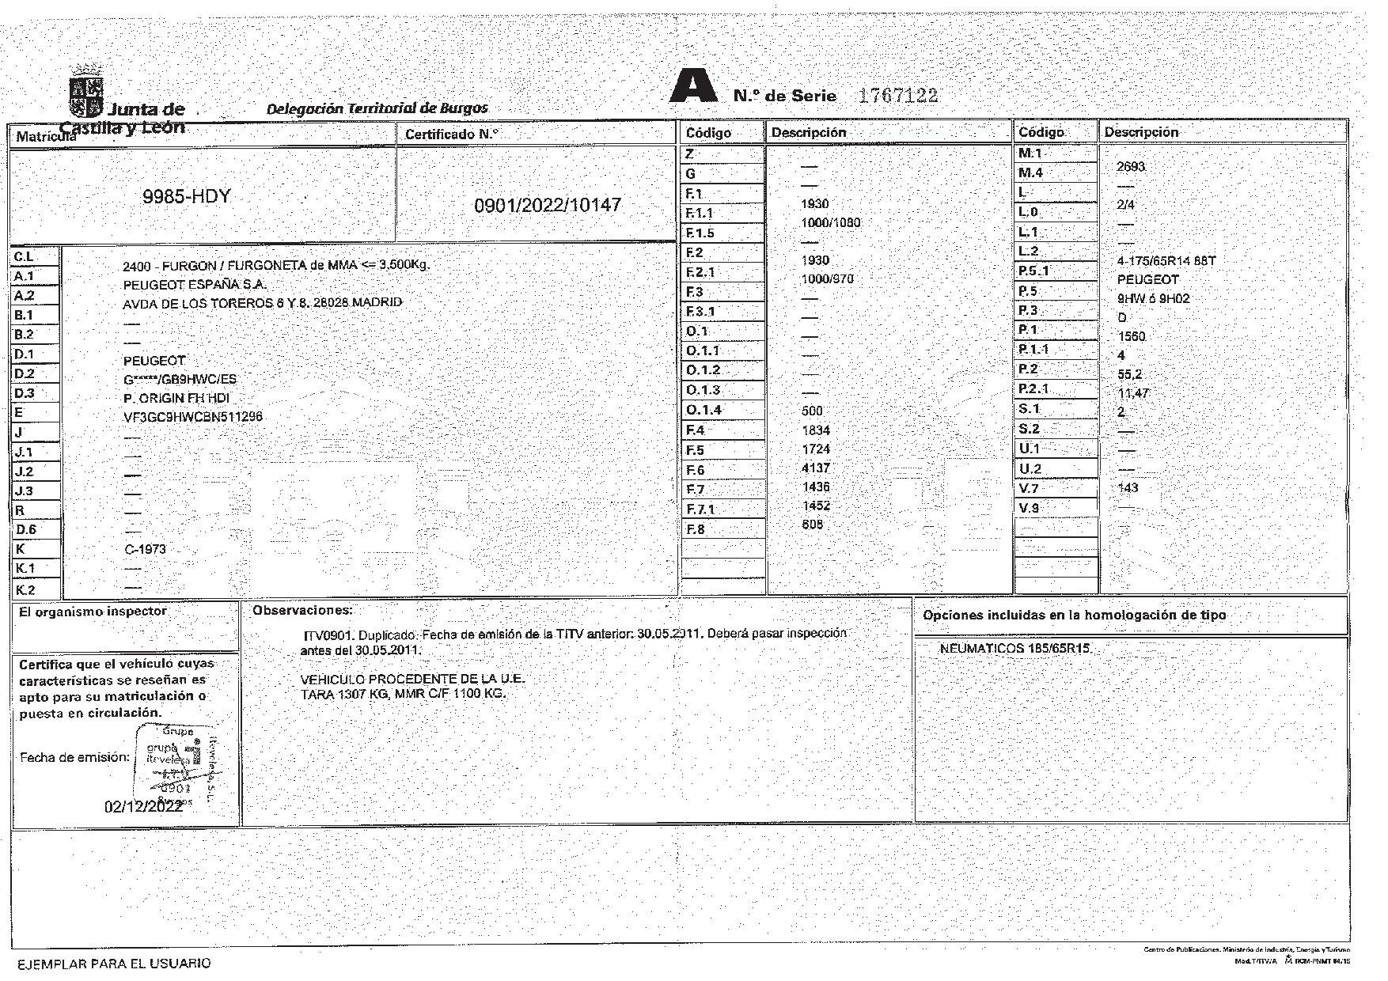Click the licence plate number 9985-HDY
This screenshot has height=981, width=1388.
[x=186, y=196]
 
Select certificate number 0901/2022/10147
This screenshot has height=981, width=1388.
[x=547, y=206]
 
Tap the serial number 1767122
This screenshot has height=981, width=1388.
[x=898, y=96]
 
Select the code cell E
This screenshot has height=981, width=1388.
[x=35, y=412]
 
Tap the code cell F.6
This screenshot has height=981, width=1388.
[x=722, y=470]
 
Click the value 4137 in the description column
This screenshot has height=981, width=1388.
[x=815, y=468]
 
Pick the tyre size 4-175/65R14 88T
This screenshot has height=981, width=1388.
[x=1165, y=261]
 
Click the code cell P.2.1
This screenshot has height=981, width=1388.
[x=1055, y=388]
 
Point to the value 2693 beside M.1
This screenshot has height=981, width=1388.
[x=1130, y=167]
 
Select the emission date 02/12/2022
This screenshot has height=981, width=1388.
[x=143, y=807]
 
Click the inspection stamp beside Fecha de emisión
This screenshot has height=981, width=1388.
[x=179, y=762]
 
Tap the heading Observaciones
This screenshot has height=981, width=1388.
[x=302, y=611]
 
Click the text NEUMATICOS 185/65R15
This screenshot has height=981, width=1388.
[x=1014, y=649]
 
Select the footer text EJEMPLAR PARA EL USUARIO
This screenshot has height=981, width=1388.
[x=114, y=963]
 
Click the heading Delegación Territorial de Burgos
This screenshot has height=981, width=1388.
[x=377, y=108]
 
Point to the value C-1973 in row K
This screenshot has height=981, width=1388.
[x=145, y=549]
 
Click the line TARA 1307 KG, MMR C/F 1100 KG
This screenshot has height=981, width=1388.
[x=402, y=694]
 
